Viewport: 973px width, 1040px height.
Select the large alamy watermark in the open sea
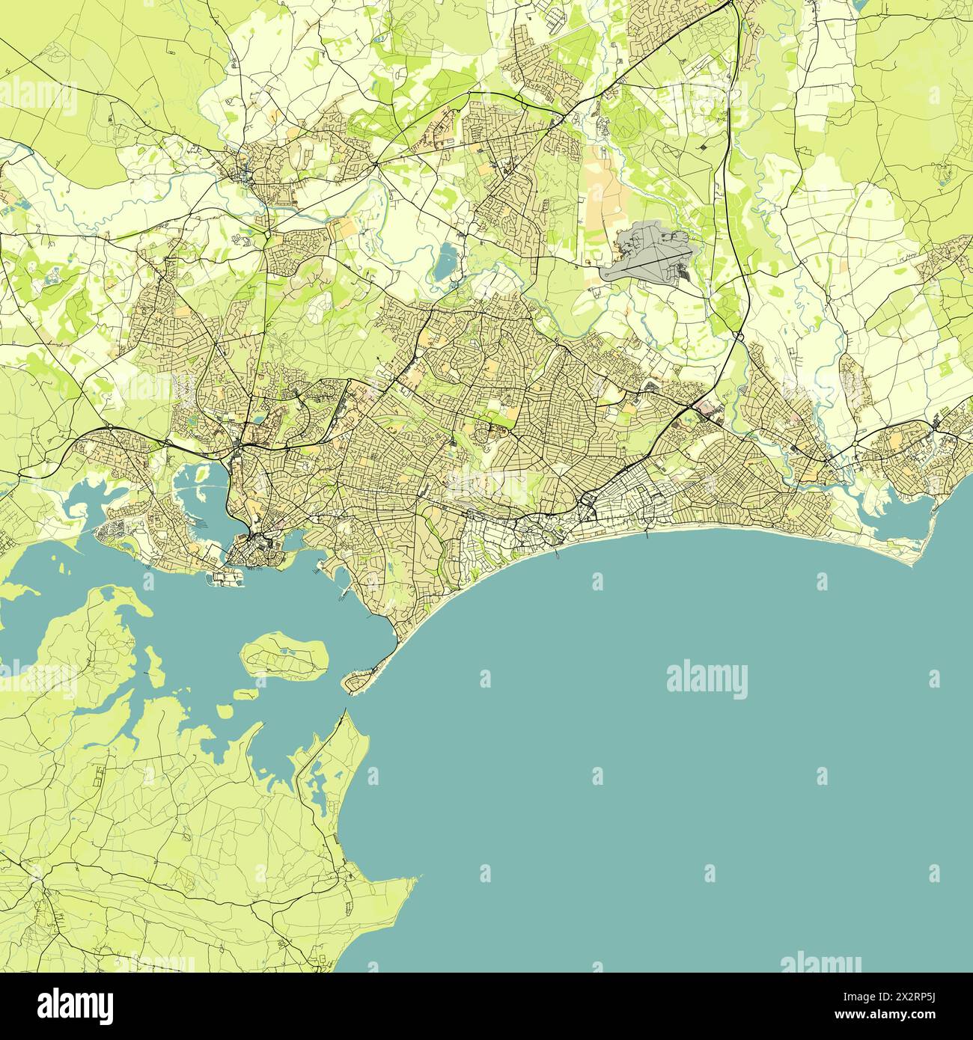pos(707,679)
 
